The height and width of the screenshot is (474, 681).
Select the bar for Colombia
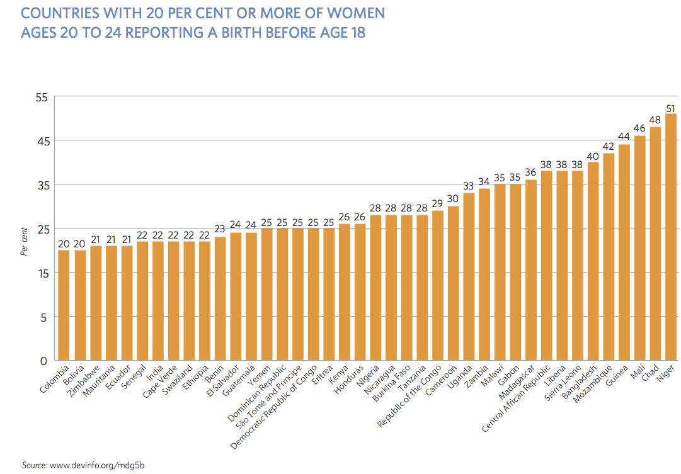click(64, 305)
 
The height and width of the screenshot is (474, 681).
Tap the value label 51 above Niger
click(671, 108)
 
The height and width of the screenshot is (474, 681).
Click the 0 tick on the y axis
click(43, 361)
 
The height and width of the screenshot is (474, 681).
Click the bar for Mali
click(639, 248)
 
